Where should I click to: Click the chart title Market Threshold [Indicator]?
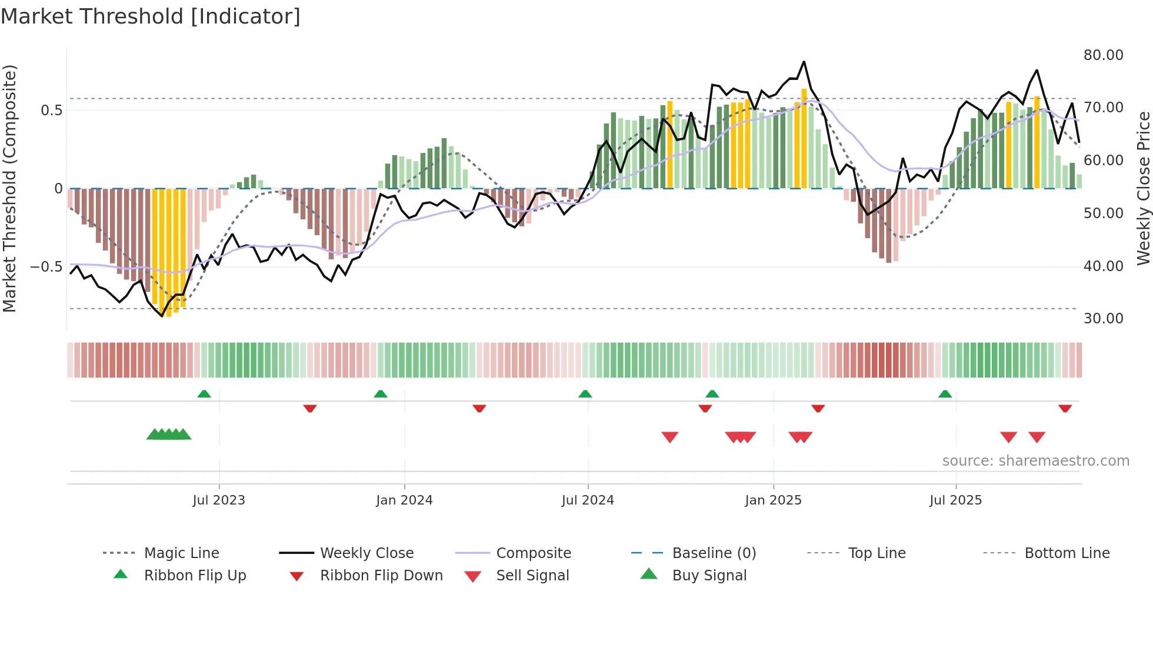pos(151,16)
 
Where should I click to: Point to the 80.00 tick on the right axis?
pos(1103,55)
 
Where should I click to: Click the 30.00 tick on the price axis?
pos(1103,318)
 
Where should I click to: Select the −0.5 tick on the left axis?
pos(46,266)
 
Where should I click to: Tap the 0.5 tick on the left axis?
pos(52,110)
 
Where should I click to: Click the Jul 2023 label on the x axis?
pos(219,500)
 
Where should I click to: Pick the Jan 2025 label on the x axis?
pos(773,500)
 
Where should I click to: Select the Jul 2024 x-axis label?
pos(588,500)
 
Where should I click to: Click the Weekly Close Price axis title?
pos(1143,188)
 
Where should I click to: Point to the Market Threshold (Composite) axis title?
pos(9,188)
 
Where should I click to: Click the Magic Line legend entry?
pos(181,553)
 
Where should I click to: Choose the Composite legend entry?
pos(534,553)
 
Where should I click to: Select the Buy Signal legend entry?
pos(709,575)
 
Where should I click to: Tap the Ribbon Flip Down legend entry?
pos(381,575)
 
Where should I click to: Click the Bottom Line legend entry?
pos(1067,553)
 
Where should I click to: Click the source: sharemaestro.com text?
pos(1035,460)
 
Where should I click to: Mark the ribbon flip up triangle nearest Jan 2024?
pos(381,393)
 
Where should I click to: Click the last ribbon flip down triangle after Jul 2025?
pos(1065,408)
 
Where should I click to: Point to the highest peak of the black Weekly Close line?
pos(804,61)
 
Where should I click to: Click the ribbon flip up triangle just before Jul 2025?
pos(945,393)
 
